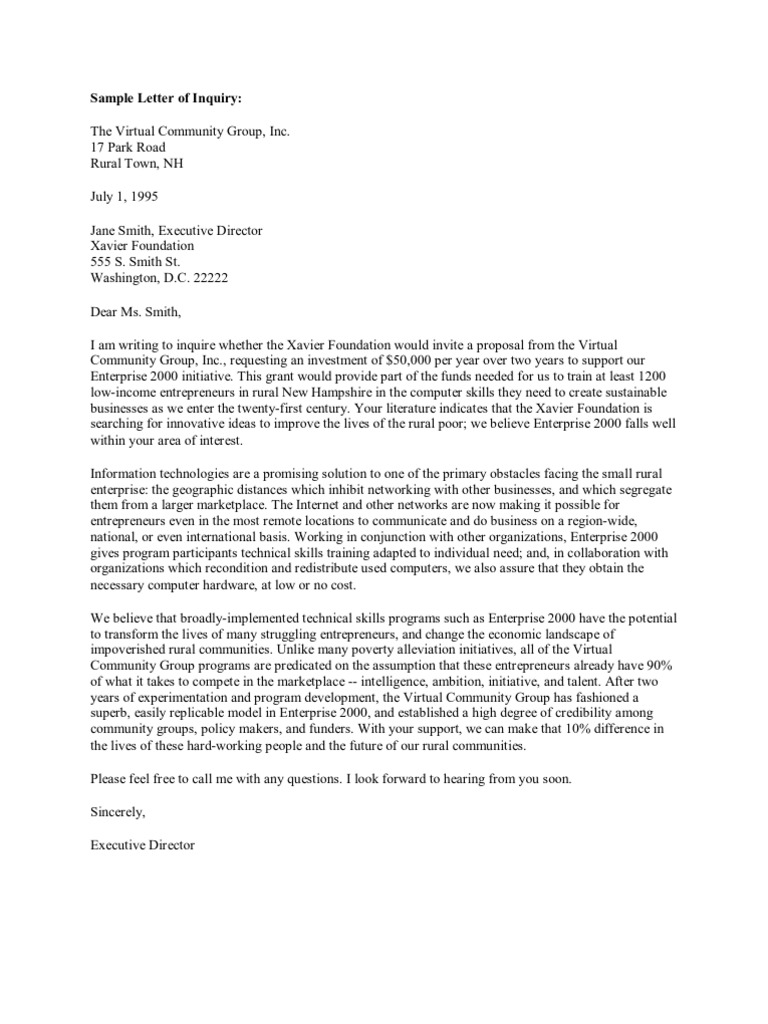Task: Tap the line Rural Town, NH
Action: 137,164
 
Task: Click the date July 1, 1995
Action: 124,197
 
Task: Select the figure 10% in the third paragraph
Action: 538,730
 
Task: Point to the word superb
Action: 110,714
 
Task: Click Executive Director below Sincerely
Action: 143,844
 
